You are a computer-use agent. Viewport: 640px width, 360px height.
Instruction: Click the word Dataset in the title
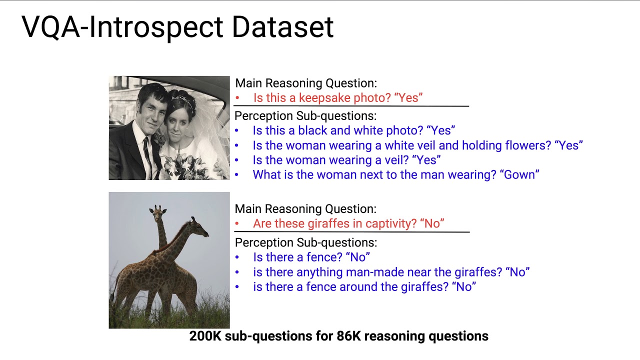(x=282, y=27)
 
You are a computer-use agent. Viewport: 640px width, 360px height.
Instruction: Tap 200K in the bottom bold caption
(x=205, y=336)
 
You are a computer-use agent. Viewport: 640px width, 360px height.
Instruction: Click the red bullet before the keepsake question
(x=237, y=98)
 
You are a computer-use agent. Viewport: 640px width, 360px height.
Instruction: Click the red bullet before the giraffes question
(x=237, y=224)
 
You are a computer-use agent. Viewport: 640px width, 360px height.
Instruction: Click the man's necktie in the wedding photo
(x=146, y=150)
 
